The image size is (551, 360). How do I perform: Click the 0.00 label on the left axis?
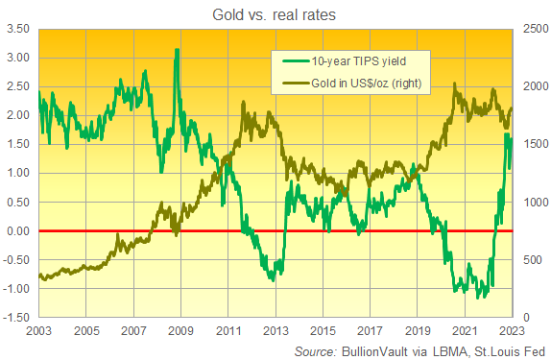(18, 231)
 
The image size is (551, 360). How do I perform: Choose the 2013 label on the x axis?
(275, 331)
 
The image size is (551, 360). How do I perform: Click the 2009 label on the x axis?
(179, 331)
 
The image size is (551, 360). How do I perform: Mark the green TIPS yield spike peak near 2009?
(176, 50)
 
